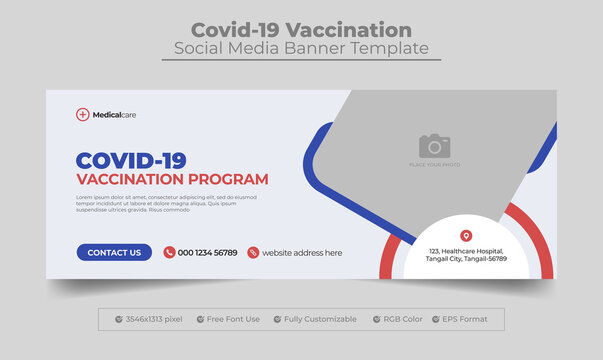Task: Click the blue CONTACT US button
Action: tap(114, 253)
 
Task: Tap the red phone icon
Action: tap(169, 253)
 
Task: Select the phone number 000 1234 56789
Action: tap(208, 253)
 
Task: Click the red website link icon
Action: tap(253, 253)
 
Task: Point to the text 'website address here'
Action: tap(302, 253)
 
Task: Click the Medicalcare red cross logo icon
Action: tap(82, 115)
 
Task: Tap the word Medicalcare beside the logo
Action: tap(114, 115)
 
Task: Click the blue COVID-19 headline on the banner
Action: tap(131, 160)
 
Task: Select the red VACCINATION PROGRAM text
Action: tap(173, 180)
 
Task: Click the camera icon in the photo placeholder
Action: tap(434, 145)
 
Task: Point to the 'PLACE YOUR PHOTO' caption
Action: tap(434, 163)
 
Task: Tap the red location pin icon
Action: tap(465, 235)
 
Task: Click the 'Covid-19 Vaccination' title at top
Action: tap(301, 29)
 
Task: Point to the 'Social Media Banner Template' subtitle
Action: tap(301, 49)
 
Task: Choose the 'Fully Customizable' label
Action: tap(320, 319)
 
